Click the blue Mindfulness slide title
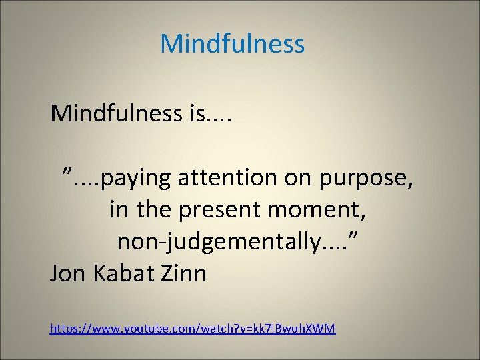[x=232, y=44]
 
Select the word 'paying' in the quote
[x=137, y=179]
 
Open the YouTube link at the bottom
[x=193, y=328]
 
